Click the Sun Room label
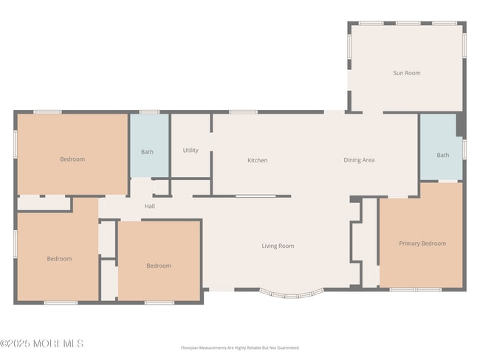[x=406, y=73]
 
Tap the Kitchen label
[x=257, y=160]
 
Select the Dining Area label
[x=359, y=160]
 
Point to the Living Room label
[x=278, y=246]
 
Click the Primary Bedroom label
[x=422, y=243]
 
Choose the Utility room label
[x=191, y=150]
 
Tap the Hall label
[x=150, y=207]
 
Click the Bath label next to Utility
[x=148, y=152]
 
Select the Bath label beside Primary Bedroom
[x=442, y=155]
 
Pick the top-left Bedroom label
[x=72, y=159]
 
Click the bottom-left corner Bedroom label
[x=59, y=259]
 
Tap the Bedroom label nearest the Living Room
[x=158, y=266]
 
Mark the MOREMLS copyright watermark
[x=42, y=344]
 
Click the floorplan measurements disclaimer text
[x=240, y=347]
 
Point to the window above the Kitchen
[x=243, y=112]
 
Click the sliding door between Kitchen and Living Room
[x=256, y=196]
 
